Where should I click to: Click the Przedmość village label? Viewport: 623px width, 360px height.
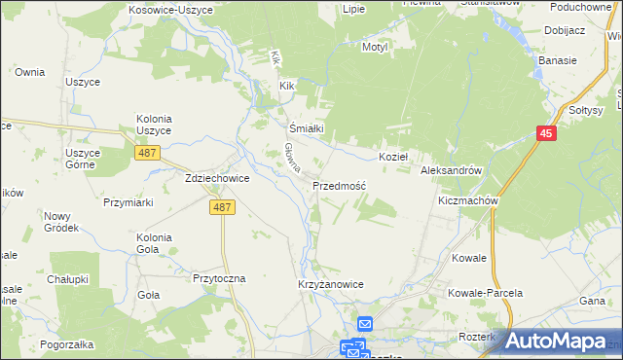(x=339, y=185)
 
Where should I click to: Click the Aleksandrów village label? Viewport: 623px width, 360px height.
(x=452, y=169)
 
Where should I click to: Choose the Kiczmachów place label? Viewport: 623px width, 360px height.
(x=468, y=200)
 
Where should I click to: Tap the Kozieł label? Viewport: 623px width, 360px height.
(x=392, y=156)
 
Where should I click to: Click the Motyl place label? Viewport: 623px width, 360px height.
(x=375, y=47)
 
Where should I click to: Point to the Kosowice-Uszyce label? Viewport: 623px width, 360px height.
(x=163, y=8)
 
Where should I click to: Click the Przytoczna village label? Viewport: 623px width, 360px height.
(x=220, y=277)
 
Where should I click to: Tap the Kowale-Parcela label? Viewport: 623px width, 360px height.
(x=485, y=292)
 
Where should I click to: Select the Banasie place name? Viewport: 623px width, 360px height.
(x=558, y=59)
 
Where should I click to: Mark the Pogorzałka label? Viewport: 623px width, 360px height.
(x=67, y=344)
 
